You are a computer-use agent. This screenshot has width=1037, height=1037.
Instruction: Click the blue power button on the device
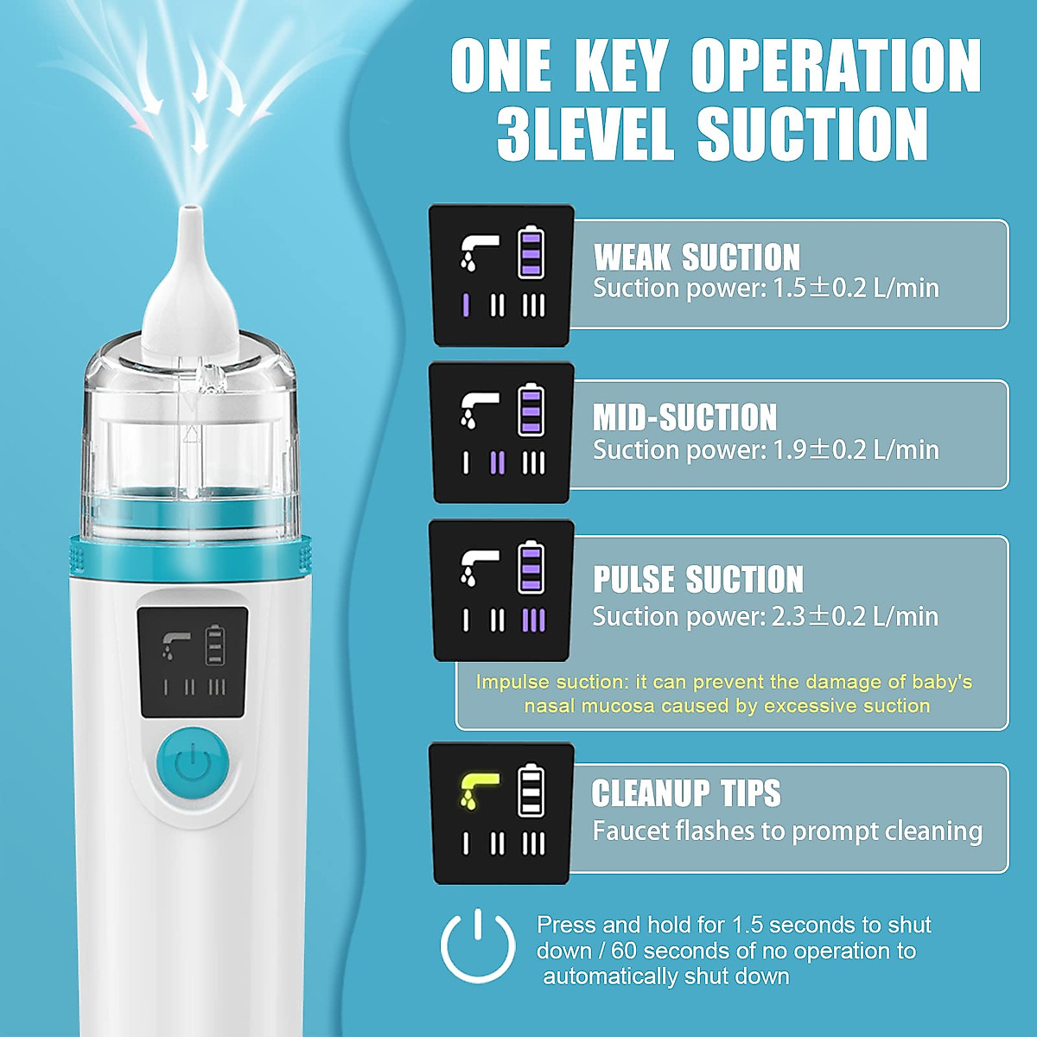coord(192,763)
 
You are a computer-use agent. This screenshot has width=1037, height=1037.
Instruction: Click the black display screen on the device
coord(193,662)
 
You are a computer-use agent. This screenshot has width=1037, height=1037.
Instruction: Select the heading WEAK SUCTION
coord(697,258)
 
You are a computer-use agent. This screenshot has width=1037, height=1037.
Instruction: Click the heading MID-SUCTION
coord(684,417)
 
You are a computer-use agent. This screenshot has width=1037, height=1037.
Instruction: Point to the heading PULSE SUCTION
coord(697,580)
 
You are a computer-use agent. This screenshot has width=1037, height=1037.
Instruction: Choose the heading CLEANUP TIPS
coord(685,793)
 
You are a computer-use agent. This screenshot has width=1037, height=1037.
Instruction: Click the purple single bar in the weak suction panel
coord(466,305)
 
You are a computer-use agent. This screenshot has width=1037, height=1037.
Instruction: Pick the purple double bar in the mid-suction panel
coord(497,463)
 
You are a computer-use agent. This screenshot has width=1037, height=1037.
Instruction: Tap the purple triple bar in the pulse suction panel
coord(534,620)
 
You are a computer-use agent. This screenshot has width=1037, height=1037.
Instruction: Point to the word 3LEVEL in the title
coord(585,133)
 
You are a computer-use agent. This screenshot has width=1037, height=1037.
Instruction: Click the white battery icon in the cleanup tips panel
coord(531,790)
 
